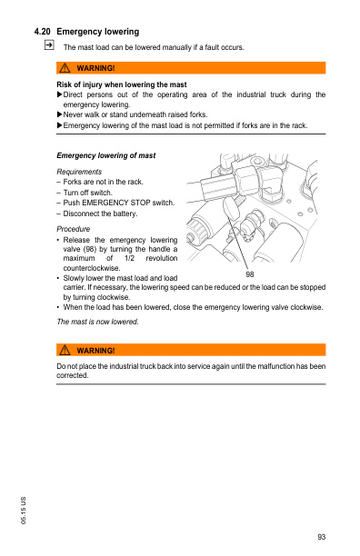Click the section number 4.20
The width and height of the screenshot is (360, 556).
tap(42, 32)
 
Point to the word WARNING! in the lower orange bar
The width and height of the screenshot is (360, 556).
tap(96, 350)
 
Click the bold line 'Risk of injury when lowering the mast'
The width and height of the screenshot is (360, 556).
tap(121, 84)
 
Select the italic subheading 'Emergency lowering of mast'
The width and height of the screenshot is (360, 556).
tap(105, 155)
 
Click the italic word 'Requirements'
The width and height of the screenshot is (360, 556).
tap(79, 171)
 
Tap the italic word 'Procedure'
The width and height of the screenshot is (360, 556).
tap(74, 229)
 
